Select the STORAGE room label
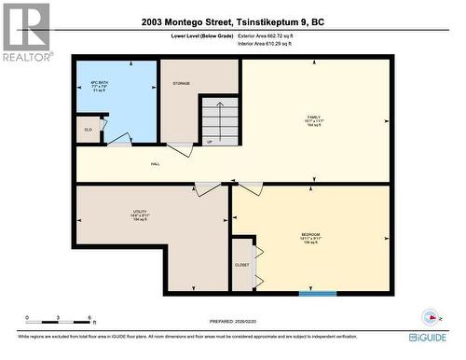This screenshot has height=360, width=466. (x=181, y=83)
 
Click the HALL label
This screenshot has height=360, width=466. (x=155, y=162)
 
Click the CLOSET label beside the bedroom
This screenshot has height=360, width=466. (x=241, y=264)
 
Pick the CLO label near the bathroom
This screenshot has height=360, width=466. (x=88, y=130)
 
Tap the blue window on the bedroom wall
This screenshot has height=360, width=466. (x=317, y=294)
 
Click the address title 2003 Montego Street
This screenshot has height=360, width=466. (x=233, y=21)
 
